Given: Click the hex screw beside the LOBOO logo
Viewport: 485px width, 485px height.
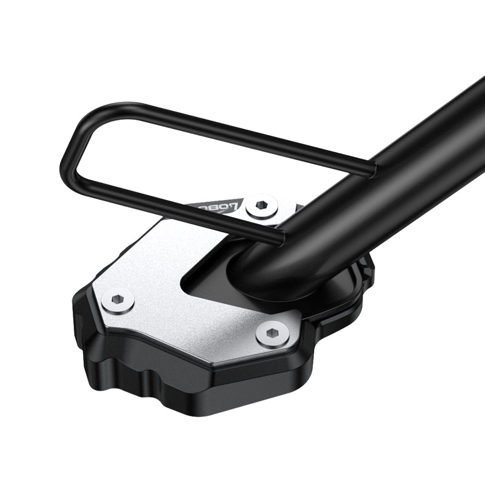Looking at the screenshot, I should tap(262, 205).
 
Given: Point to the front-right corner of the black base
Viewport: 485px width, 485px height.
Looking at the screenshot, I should tap(303, 364).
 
